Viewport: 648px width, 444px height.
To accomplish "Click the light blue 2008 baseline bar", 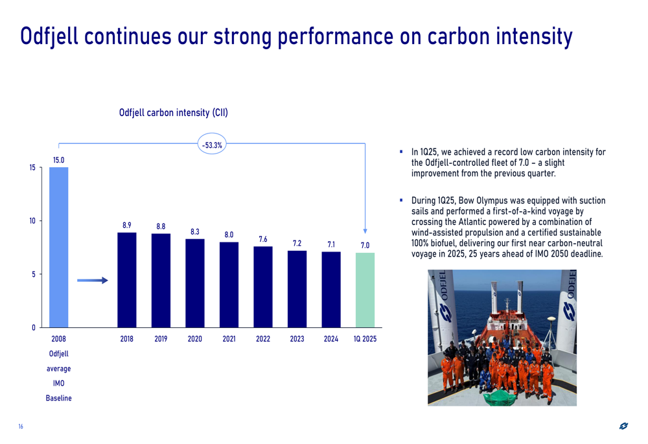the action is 59,247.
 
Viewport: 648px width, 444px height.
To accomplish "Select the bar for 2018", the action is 127,280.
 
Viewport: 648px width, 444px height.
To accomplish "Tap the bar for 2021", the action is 229,285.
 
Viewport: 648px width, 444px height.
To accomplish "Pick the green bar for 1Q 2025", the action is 365,290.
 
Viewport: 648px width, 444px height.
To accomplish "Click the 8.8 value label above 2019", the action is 161,227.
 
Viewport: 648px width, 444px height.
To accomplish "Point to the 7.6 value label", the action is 263,239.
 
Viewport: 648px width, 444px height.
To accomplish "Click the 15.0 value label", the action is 59,160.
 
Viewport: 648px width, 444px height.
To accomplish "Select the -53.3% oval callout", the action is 212,144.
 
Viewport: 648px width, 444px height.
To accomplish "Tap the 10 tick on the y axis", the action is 32,221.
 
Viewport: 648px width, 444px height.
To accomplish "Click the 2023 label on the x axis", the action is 297,339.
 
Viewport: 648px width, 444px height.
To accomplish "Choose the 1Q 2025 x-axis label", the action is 365,339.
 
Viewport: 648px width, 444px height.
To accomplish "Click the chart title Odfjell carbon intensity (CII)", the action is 174,113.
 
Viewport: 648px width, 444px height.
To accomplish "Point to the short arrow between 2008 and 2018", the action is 93,280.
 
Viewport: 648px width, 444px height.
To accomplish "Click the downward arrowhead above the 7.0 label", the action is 365,231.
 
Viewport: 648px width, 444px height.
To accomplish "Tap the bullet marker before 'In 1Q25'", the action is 401,152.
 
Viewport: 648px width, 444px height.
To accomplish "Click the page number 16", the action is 21,426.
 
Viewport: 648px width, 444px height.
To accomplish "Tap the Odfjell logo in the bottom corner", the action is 623,426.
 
